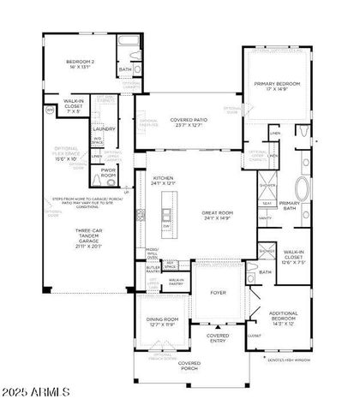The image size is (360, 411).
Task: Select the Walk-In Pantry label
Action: tap(177, 280)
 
